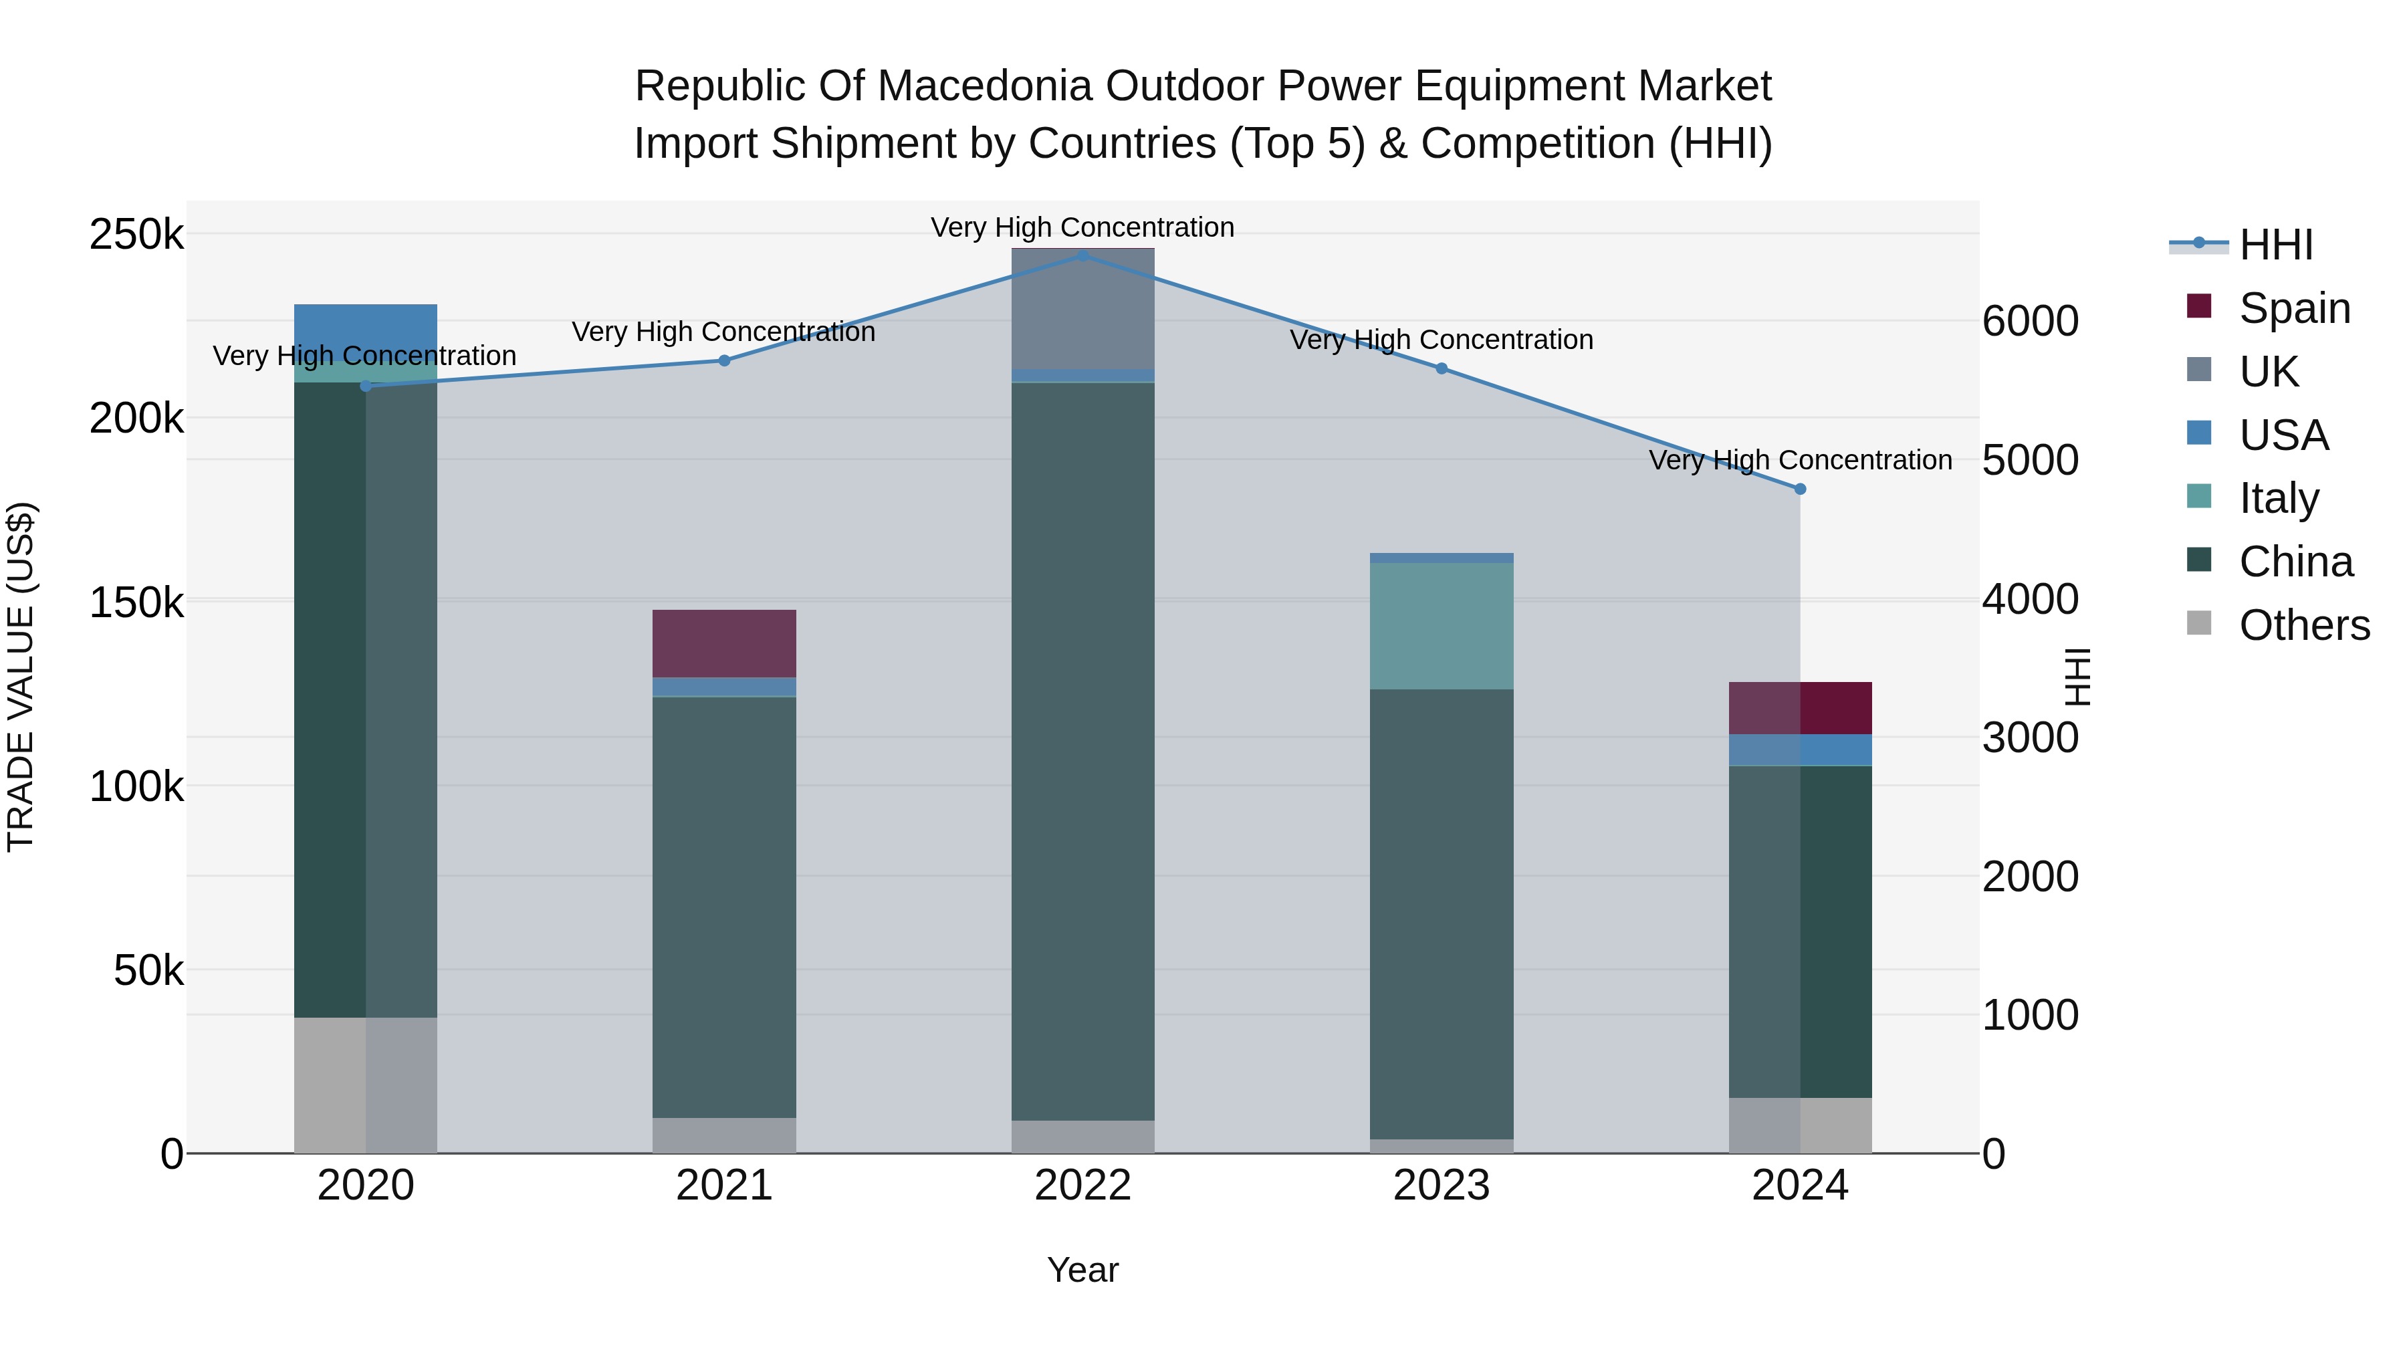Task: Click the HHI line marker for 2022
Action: coord(1083,255)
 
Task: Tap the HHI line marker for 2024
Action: coord(1800,489)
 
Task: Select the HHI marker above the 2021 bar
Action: coord(724,360)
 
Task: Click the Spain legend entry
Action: coord(2294,308)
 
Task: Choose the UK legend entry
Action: coord(2268,372)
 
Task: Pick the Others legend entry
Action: coord(2303,625)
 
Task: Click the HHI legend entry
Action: coord(2275,245)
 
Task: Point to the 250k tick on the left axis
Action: coord(136,235)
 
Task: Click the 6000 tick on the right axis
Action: coord(2029,322)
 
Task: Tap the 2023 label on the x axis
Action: coord(1441,1186)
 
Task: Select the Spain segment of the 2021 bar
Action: coord(724,644)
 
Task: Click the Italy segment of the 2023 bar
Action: coord(1441,626)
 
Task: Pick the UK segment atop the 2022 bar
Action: coord(1083,308)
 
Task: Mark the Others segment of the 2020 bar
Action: coord(365,1084)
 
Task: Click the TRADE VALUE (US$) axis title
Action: coord(21,677)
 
